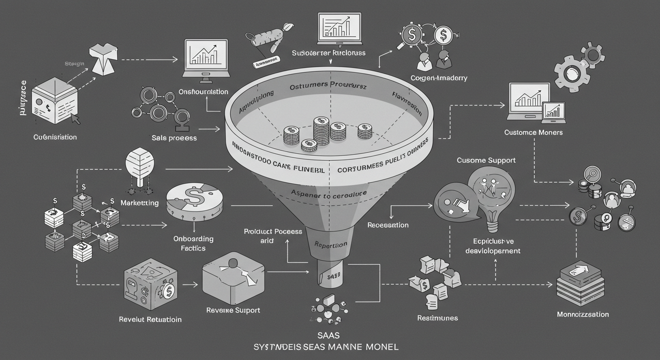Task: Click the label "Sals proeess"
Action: (x=174, y=138)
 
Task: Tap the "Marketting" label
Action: (x=139, y=203)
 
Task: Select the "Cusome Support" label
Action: (x=486, y=160)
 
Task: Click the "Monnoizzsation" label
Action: (x=583, y=314)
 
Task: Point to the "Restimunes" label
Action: (x=437, y=318)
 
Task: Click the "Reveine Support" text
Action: (x=233, y=310)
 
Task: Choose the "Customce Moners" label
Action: (x=533, y=132)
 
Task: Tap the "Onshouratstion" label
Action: (x=203, y=92)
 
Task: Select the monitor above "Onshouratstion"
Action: (x=206, y=58)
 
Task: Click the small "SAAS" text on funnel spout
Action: (x=331, y=277)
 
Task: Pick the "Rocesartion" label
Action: (x=388, y=225)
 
